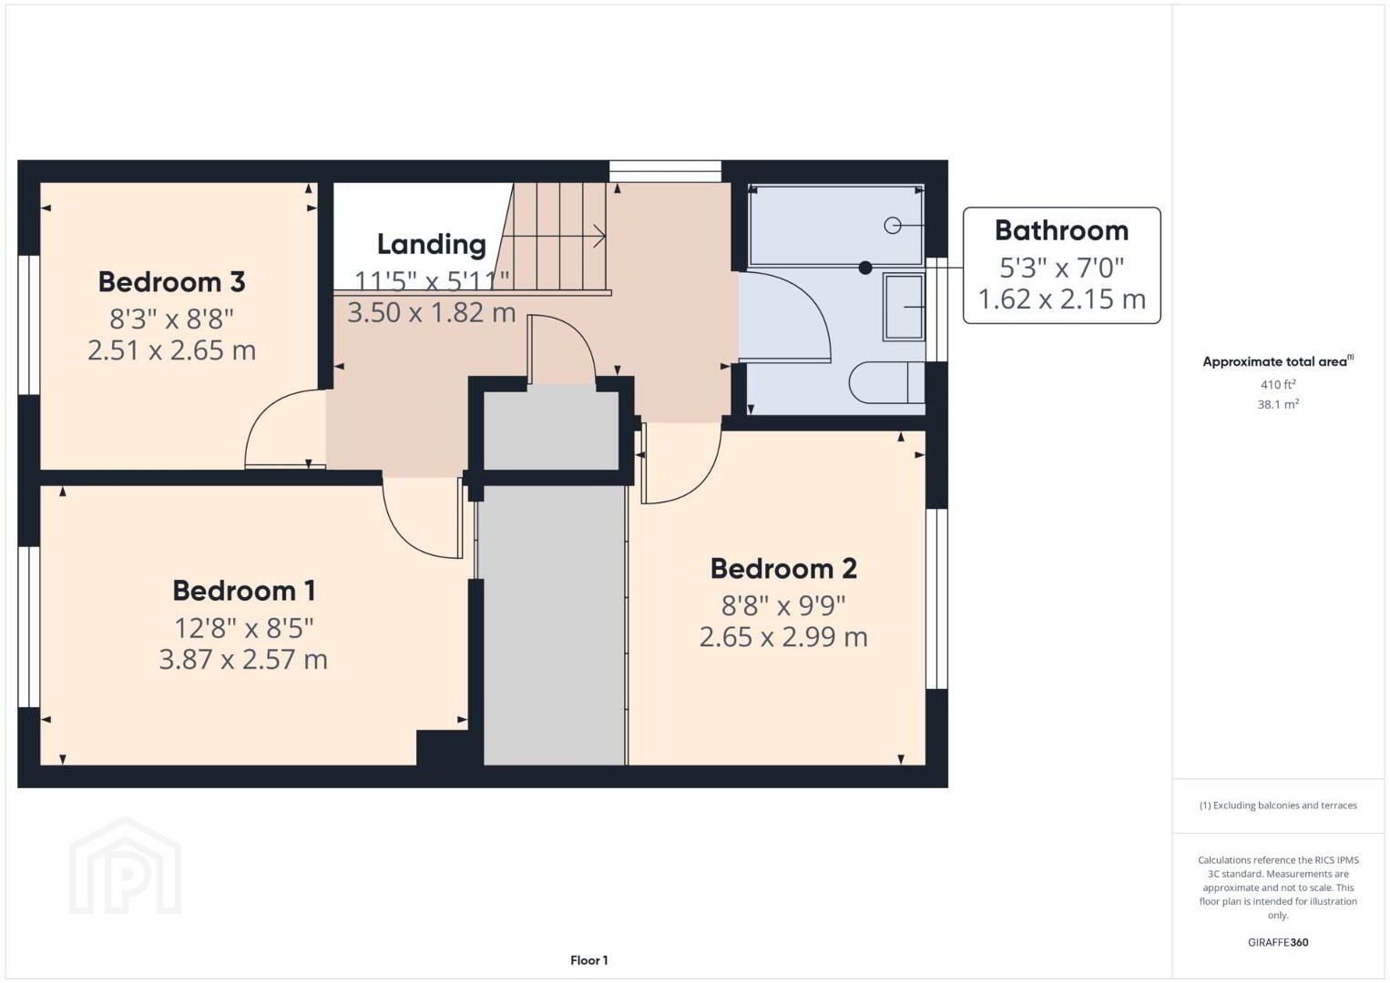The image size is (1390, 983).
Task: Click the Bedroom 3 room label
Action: pyautogui.click(x=171, y=282)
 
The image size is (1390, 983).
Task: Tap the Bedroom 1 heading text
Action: pyautogui.click(x=244, y=591)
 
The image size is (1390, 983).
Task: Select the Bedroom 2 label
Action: pyautogui.click(x=783, y=569)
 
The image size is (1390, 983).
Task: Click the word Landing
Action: pyautogui.click(x=431, y=245)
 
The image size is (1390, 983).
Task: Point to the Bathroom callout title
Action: pyautogui.click(x=1062, y=230)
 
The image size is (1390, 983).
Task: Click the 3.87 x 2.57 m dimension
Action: pyautogui.click(x=243, y=659)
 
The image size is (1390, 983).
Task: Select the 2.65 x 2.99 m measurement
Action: pyautogui.click(x=783, y=637)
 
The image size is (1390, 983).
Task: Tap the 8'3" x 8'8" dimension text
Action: pyautogui.click(x=171, y=319)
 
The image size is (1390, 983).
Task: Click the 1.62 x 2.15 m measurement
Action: pyautogui.click(x=1062, y=299)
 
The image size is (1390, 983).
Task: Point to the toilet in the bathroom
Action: pyautogui.click(x=887, y=382)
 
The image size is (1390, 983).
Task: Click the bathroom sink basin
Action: pyautogui.click(x=905, y=307)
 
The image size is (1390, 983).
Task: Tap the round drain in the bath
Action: pyautogui.click(x=893, y=226)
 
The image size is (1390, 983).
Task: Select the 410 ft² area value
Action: pyautogui.click(x=1278, y=384)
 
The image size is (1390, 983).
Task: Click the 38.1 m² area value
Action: pyautogui.click(x=1278, y=404)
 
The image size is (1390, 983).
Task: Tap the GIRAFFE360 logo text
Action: pyautogui.click(x=1278, y=943)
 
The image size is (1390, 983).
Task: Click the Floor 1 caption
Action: pyautogui.click(x=589, y=960)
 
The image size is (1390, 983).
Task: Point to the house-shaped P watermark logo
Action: pyautogui.click(x=125, y=866)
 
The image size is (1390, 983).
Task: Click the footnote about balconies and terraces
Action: pyautogui.click(x=1278, y=806)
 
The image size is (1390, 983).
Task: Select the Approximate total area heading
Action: pyautogui.click(x=1278, y=361)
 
